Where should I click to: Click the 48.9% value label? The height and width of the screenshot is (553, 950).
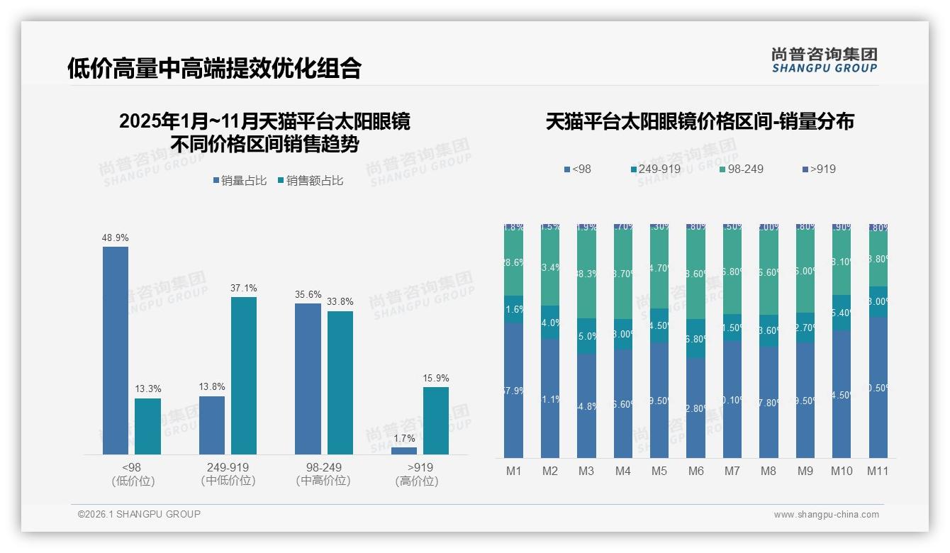[116, 238]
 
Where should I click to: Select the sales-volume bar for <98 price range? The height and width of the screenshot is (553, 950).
[116, 350]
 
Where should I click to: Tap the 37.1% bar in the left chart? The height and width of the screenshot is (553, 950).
[244, 376]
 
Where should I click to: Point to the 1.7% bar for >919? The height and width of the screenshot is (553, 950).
[404, 450]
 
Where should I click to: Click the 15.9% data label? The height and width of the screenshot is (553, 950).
[436, 379]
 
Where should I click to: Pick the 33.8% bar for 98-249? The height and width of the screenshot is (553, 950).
[340, 383]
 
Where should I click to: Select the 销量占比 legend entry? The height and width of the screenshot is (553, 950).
[239, 181]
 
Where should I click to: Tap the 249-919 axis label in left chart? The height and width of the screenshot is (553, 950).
[228, 468]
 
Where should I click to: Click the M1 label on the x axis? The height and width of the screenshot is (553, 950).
[514, 471]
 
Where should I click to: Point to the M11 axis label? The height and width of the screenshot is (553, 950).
[878, 471]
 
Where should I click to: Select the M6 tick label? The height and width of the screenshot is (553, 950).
[695, 471]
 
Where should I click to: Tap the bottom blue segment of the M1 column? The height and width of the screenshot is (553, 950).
[514, 390]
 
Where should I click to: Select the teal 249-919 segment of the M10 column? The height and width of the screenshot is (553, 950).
[842, 313]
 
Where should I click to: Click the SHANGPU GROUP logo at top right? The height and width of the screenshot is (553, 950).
[825, 60]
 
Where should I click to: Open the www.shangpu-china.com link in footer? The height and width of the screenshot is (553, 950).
[826, 515]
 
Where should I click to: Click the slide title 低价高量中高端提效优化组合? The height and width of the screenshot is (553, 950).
[214, 68]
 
